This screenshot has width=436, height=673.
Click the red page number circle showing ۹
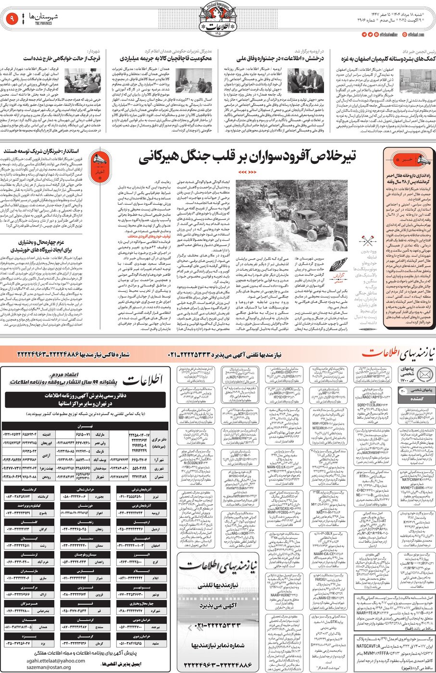pos(11,19)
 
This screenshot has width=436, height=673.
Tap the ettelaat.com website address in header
pos(416,35)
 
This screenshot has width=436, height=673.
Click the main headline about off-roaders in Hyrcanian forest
pos(247,157)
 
